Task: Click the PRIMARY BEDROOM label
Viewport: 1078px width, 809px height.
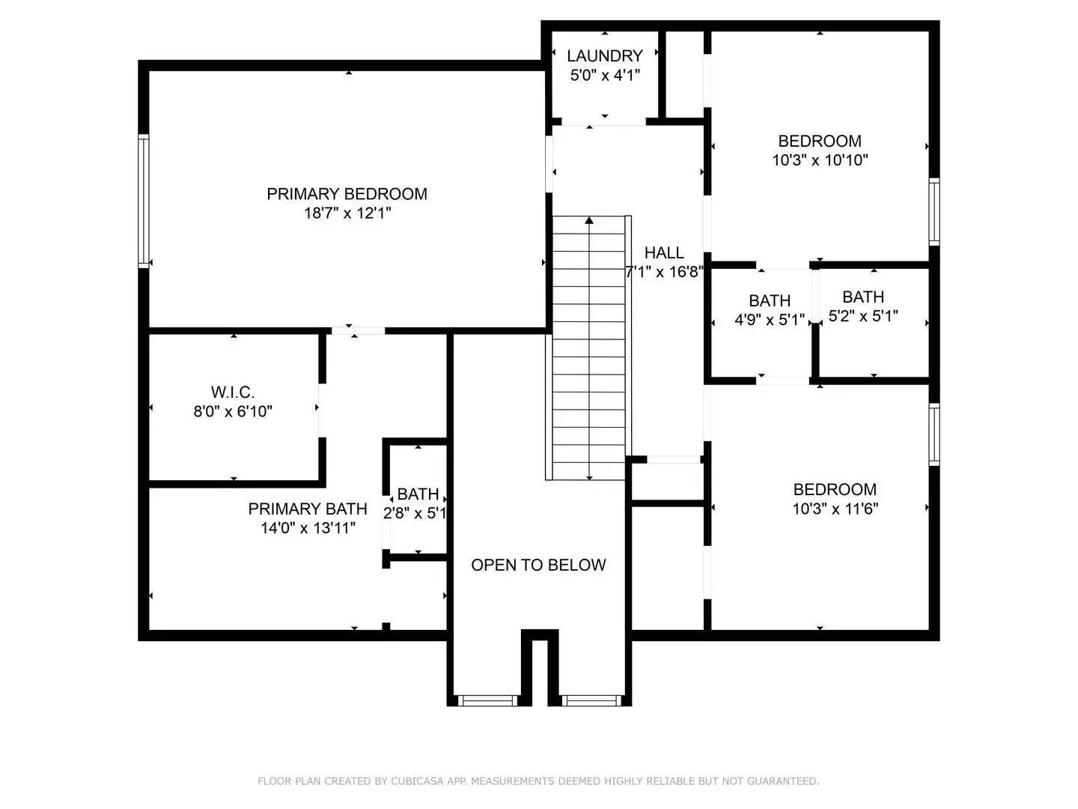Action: [347, 194]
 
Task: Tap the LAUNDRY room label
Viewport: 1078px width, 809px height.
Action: [604, 56]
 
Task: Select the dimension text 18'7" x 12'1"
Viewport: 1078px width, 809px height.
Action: [347, 213]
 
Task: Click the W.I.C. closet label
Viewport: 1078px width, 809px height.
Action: [233, 392]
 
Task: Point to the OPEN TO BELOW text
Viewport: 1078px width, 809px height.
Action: [538, 565]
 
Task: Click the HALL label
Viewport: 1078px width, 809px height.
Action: [664, 252]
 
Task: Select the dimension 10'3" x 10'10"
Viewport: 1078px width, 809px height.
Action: [820, 160]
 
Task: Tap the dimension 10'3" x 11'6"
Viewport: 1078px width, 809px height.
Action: [835, 509]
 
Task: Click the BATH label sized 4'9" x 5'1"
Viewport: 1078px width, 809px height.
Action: [770, 300]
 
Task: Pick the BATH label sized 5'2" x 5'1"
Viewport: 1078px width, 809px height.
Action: [863, 297]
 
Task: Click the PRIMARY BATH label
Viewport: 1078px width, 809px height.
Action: [308, 509]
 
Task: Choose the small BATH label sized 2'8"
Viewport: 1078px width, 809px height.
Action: [418, 494]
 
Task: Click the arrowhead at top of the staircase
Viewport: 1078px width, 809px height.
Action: [590, 220]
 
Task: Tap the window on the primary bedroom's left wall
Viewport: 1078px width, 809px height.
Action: [144, 201]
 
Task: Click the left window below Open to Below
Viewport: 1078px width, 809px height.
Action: [487, 700]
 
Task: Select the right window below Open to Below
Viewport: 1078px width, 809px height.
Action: [591, 700]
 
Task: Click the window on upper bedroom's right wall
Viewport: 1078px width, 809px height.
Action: [934, 211]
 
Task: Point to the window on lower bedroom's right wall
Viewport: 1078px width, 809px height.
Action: [934, 434]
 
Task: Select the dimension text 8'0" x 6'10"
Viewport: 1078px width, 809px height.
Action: [233, 411]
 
